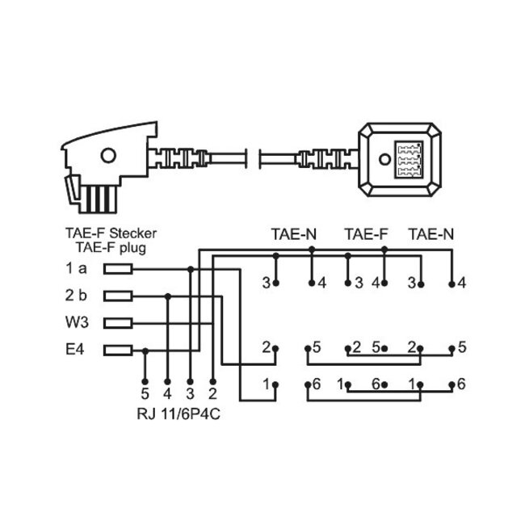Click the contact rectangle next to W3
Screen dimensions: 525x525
click(118, 323)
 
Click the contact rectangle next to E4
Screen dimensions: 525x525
click(118, 350)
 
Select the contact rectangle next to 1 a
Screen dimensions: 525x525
click(118, 269)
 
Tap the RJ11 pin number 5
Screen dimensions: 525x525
click(144, 394)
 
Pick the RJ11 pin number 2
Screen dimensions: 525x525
click(212, 394)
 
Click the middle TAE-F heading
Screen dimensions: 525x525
click(365, 235)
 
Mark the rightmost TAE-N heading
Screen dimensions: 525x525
click(432, 235)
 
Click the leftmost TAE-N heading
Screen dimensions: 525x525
click(293, 235)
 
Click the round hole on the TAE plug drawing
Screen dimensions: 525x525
click(107, 157)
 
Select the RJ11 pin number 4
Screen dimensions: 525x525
click(166, 394)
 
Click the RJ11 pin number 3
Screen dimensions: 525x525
click(189, 394)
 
